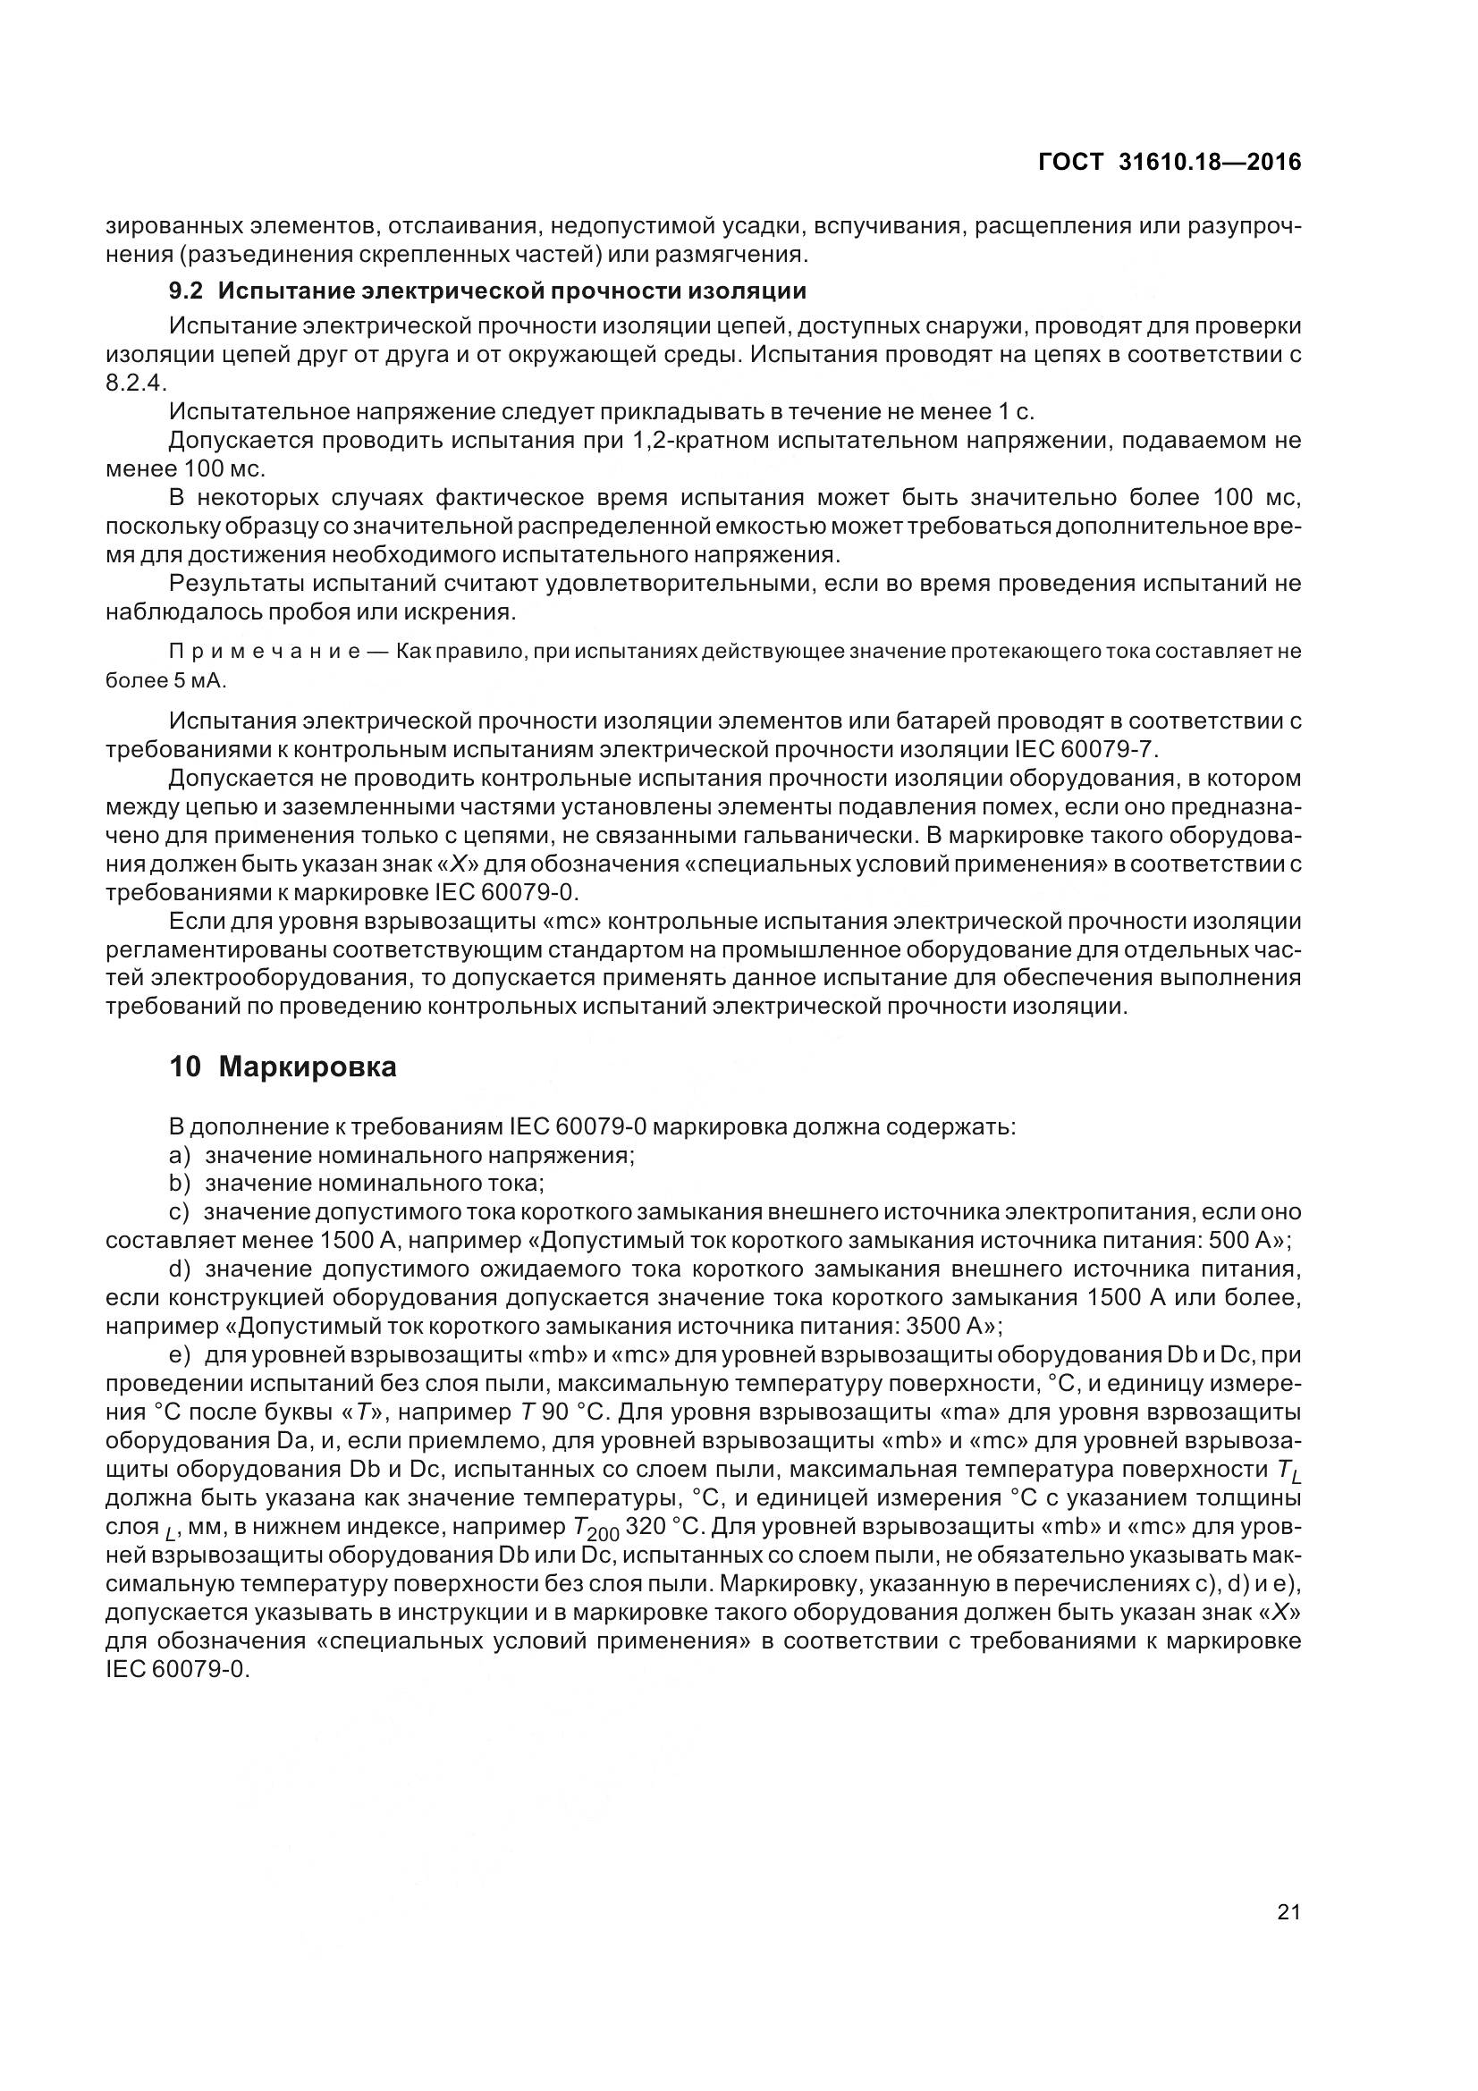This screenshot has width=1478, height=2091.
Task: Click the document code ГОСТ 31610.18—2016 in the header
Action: (1170, 162)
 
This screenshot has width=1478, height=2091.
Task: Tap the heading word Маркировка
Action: (308, 1067)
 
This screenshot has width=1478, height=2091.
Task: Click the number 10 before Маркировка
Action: (185, 1067)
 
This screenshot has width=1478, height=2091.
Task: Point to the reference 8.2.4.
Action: (137, 383)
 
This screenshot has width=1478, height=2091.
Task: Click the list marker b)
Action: (181, 1183)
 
